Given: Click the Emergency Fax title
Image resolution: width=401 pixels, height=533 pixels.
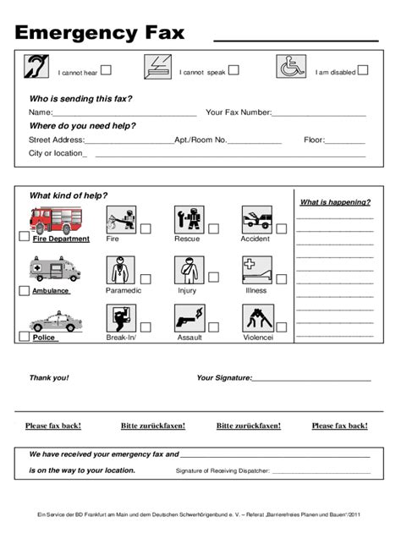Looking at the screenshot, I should point(99,34).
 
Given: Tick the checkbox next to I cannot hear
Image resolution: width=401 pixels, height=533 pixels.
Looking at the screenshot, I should point(107,71).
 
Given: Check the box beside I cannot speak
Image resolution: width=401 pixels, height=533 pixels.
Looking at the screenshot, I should point(233,71).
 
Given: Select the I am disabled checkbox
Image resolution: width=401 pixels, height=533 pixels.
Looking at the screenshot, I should point(362,71).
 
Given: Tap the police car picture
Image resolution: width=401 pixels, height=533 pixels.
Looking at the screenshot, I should point(53,323).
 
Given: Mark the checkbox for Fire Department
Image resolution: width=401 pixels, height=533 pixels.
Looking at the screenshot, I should point(24,238).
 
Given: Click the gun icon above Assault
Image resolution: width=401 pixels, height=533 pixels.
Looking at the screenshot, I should point(187,320).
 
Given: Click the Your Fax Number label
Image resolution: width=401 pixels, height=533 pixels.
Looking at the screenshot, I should point(239,113).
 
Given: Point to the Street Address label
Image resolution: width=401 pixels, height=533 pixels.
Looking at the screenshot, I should point(57,140).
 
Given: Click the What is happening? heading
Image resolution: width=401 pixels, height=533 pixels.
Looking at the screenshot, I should point(335,202).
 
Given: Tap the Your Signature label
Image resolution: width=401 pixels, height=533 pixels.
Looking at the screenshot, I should point(224,378).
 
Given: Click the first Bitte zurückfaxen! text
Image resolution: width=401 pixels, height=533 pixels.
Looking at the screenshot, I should point(153,426).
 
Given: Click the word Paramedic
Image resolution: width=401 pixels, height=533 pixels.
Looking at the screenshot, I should point(123,291).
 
